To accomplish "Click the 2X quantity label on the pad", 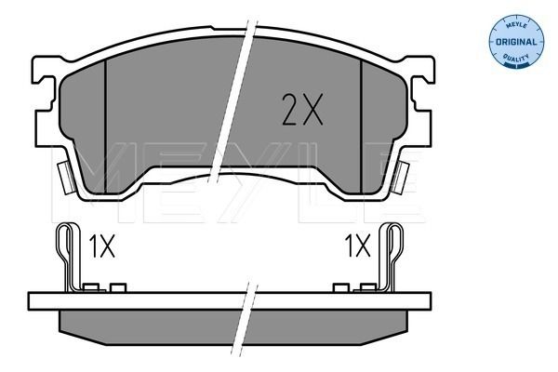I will (x=300, y=110).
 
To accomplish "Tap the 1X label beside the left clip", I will (x=101, y=246).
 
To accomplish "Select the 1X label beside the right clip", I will (x=356, y=246).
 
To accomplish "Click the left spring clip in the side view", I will (x=68, y=256).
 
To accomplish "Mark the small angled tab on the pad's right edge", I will (x=403, y=174).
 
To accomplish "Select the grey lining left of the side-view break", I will (x=149, y=325).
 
